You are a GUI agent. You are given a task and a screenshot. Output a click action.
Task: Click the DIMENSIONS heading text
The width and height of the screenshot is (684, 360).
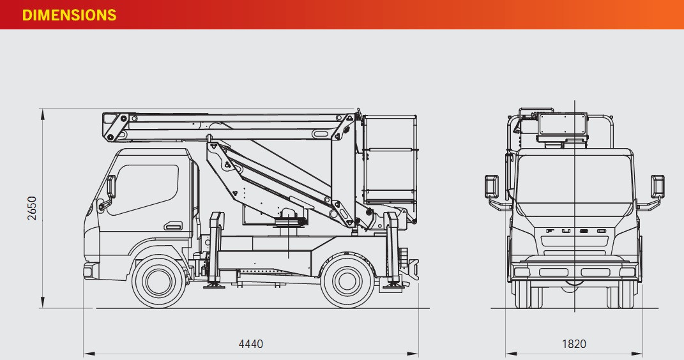pos(69,15)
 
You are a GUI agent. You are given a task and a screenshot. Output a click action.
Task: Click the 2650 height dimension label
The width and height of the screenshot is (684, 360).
pos(32,208)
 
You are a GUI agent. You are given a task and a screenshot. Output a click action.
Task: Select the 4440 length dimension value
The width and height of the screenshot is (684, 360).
pos(250,344)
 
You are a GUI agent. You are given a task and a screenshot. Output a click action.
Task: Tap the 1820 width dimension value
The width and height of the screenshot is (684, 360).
pos(574,344)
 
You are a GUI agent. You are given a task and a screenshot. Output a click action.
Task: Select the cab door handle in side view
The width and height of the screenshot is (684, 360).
pos(172,226)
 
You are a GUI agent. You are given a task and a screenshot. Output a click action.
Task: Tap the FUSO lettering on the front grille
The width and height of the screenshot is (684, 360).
pos(574,231)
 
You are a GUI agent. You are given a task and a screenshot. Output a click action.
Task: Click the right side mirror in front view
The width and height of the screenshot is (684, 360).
pos(658,186)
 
